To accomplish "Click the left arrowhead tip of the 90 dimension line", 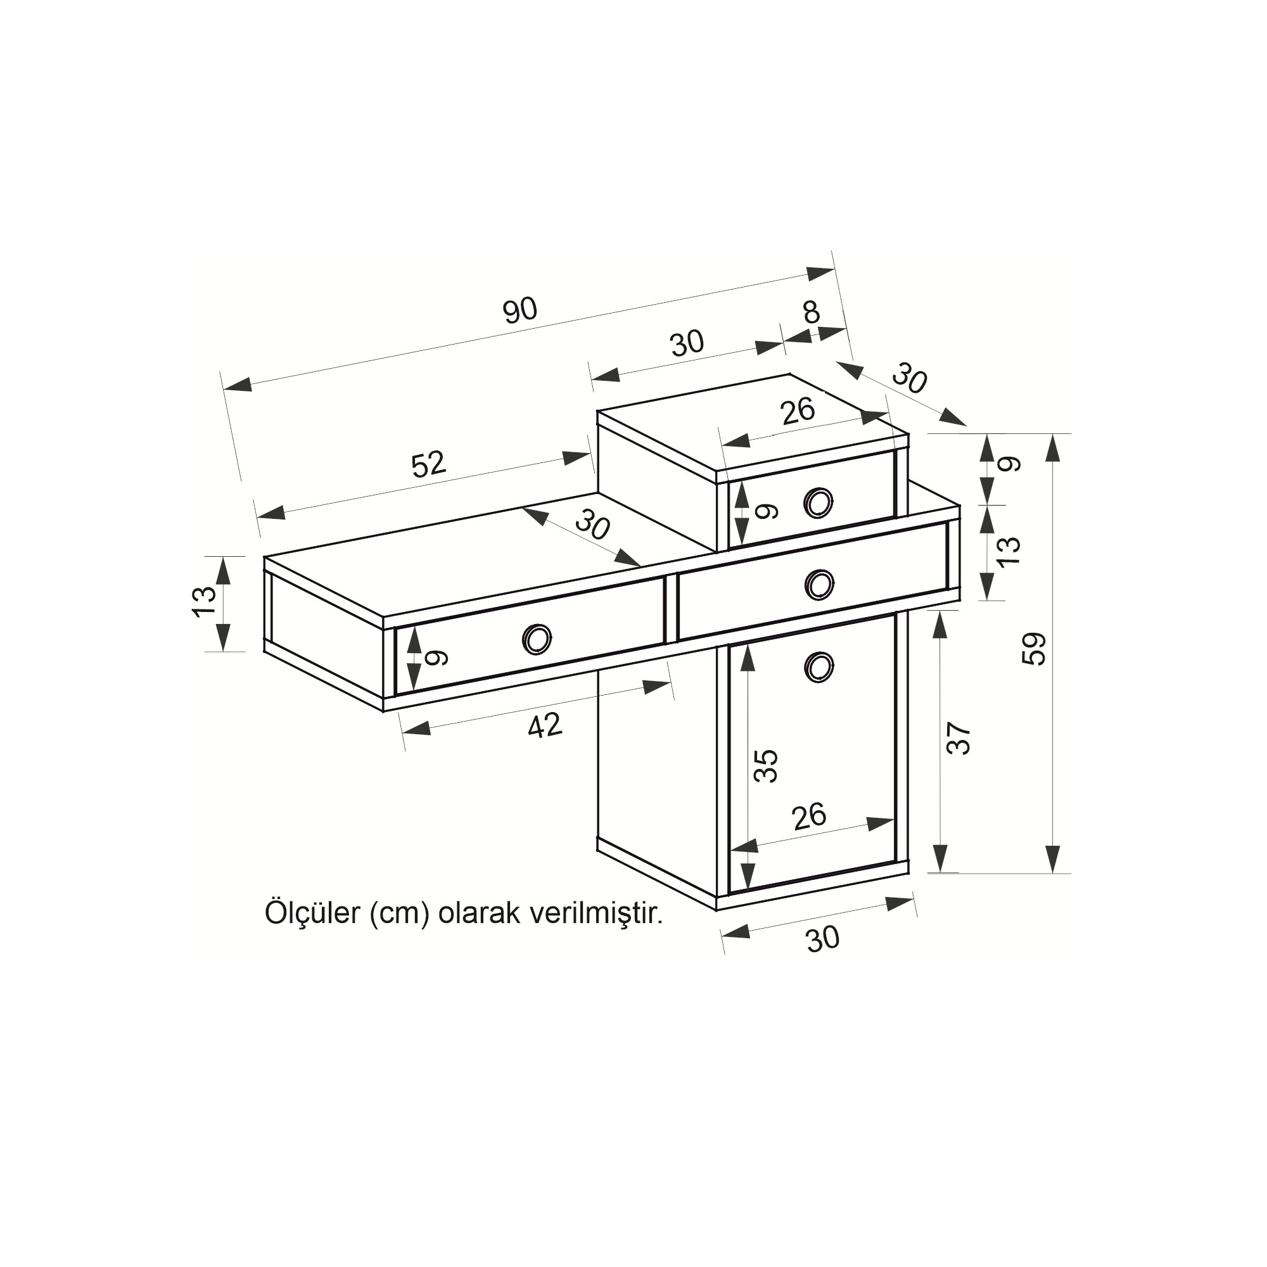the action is click(224, 389).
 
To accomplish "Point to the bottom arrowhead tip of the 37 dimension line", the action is click(939, 872).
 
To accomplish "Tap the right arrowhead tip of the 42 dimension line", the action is click(672, 684).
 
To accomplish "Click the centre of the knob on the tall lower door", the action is click(818, 667).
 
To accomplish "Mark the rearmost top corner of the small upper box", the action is click(789, 374).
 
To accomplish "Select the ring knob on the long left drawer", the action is click(537, 638).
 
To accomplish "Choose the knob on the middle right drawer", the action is click(818, 583).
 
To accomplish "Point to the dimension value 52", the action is click(429, 464).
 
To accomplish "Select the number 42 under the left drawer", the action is click(545, 725).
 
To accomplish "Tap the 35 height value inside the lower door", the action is click(765, 765).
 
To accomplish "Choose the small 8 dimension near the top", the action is click(812, 312).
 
